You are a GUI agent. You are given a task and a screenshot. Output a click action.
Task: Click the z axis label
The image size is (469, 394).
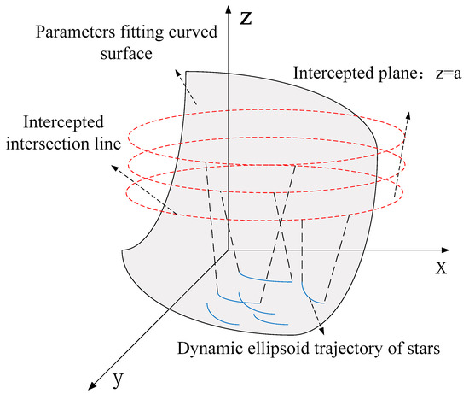pyautogui.click(x=246, y=20)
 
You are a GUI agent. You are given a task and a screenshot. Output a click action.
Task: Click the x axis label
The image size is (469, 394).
pyautogui.click(x=441, y=268)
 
